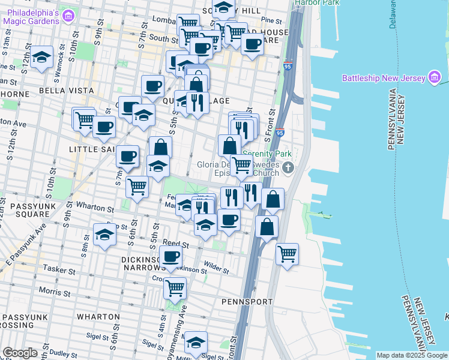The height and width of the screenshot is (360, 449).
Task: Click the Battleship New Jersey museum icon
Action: coord(435,77)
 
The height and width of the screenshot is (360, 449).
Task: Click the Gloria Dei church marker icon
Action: coord(289,168)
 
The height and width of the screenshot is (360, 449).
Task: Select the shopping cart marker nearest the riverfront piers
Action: coord(287,254)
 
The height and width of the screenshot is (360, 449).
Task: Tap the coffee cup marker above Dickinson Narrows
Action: coord(171,257)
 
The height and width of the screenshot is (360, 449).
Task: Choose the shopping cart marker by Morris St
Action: coord(175,288)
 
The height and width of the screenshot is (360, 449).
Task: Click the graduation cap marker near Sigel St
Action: coord(196,343)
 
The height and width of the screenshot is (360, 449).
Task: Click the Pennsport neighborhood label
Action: coord(247,301)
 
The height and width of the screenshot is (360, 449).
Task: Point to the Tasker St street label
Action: coord(59,271)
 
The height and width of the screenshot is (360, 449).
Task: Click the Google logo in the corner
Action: coord(20,353)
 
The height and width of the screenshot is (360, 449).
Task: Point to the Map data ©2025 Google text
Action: coord(411,355)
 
